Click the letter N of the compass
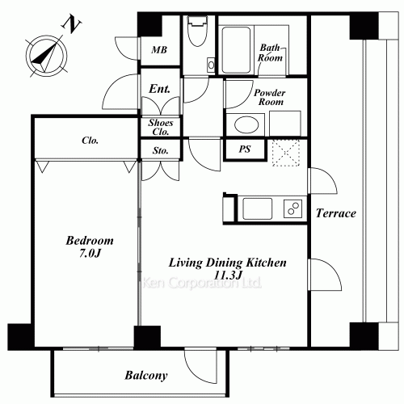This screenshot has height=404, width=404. click(71, 25)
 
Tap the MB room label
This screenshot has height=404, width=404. click(159, 50)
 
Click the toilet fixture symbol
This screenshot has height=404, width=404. click(198, 31)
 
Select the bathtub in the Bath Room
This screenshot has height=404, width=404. click(236, 50)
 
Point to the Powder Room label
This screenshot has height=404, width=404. click(270, 97)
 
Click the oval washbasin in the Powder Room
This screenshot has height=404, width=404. click(246, 124)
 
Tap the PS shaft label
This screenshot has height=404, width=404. click(245, 149)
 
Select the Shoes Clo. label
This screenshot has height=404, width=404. click(161, 127)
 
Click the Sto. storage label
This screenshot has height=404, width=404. click(161, 150)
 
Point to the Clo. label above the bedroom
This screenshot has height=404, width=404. click(90, 141)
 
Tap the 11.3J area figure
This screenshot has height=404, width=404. click(228, 275)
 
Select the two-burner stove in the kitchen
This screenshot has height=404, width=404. click(292, 208)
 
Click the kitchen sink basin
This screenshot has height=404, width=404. click(257, 208)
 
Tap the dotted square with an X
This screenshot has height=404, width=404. click(286, 153)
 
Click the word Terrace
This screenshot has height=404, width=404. click(336, 213)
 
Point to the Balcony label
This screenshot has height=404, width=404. click(146, 376)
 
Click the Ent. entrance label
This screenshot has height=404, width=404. click(160, 89)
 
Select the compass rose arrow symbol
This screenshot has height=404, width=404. click(46, 56)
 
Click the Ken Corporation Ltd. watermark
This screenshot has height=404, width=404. click(202, 283)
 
